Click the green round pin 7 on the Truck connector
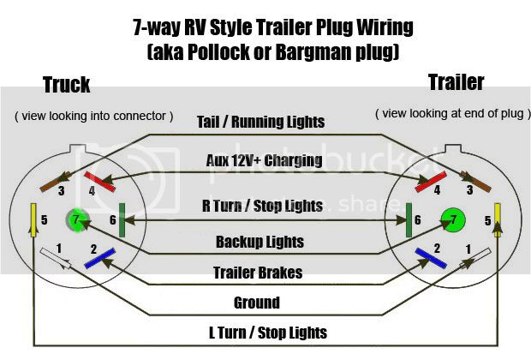click(78, 220)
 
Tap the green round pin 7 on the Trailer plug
click(453, 220)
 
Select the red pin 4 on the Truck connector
click(100, 182)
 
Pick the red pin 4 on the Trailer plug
click(431, 182)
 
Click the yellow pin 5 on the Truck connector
click(33, 220)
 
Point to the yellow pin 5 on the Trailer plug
click(498, 220)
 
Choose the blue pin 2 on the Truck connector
click(100, 259)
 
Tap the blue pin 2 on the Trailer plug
click(431, 258)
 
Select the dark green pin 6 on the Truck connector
click(122, 220)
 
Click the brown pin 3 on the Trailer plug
click(475, 182)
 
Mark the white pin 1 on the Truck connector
click(56, 258)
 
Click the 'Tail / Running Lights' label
click(260, 122)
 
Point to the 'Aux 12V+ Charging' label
click(264, 160)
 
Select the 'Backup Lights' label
click(260, 242)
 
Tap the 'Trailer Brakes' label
click(258, 273)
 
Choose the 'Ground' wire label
click(257, 303)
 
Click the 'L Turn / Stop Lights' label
click(268, 333)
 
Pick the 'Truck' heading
click(67, 84)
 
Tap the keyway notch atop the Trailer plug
click(453, 149)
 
